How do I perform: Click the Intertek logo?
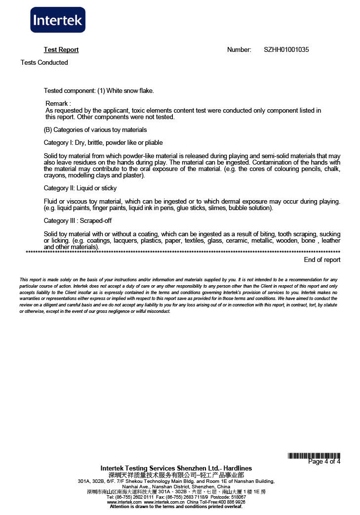58,20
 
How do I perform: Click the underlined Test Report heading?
61,50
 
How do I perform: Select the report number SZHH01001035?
286,50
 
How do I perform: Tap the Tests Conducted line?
44,63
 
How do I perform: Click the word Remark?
57,104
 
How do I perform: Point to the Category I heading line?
103,143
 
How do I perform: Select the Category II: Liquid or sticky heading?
80,188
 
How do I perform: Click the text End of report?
322,260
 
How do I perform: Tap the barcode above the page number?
314,456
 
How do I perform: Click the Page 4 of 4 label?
324,462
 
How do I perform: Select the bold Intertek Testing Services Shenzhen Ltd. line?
176,468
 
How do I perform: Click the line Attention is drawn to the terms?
176,507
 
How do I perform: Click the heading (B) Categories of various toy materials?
95,130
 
